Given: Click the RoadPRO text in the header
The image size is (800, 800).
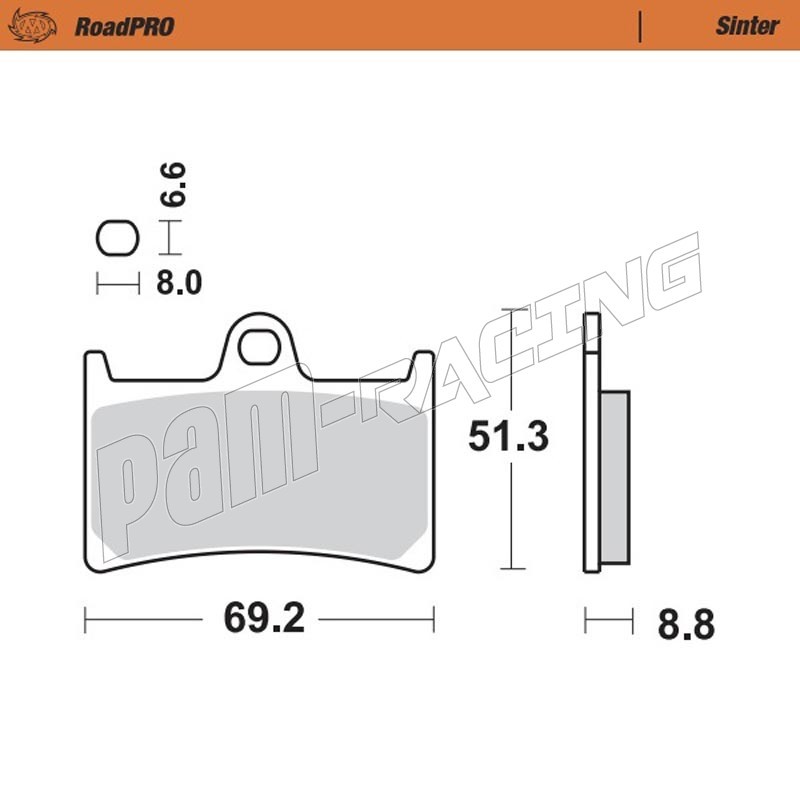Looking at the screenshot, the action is (x=124, y=27).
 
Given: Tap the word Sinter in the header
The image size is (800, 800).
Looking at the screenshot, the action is (x=747, y=26).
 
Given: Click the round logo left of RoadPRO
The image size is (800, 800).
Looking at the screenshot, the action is (x=32, y=26).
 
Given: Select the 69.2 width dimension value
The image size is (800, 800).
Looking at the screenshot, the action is (x=264, y=618).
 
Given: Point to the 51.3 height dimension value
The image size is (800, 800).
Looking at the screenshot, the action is (x=508, y=436).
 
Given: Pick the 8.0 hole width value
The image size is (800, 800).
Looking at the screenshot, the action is (x=179, y=283).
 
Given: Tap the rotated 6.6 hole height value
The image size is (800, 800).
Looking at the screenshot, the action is (x=173, y=185).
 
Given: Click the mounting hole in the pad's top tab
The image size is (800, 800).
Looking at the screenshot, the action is (x=260, y=347).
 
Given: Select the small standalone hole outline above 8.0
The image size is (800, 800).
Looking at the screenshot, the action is (x=118, y=238).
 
